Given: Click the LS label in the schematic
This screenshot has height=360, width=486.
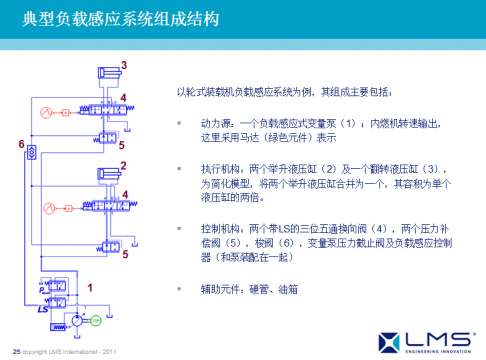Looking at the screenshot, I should (44, 309).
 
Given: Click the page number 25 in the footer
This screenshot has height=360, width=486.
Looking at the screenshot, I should (15, 349).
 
